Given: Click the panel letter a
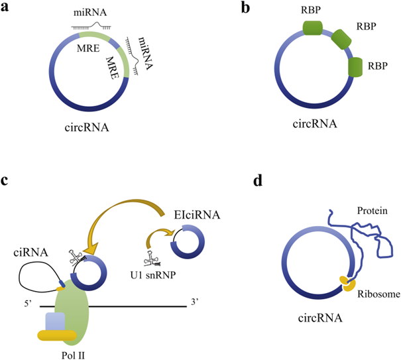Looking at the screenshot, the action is (5, 7).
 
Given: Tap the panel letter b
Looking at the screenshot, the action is (245, 7).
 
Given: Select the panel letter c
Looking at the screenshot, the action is (5, 180).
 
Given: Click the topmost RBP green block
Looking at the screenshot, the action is (312, 28).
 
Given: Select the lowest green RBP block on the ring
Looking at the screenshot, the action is (355, 67).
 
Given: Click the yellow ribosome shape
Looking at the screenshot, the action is (348, 284).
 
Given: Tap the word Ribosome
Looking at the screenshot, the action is (378, 294).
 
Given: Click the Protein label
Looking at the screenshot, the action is (372, 211).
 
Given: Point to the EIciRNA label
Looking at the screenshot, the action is (197, 215).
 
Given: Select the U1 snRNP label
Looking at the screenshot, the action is (153, 275).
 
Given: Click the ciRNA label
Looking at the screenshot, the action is (30, 253).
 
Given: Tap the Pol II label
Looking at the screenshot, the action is (73, 355).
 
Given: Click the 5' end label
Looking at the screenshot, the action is (28, 304).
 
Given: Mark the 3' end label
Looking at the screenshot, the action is (195, 302).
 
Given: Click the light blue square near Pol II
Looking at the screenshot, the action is (55, 322).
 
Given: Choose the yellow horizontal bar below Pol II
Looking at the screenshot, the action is (57, 335).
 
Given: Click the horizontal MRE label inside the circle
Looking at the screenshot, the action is (88, 48).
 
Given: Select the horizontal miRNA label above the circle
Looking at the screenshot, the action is (90, 13).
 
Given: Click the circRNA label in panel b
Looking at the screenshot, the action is (315, 124).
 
